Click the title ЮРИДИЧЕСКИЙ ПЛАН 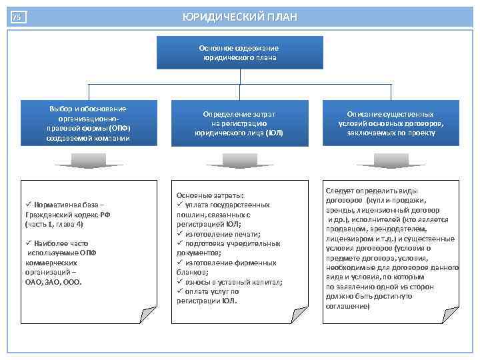pyautogui.click(x=240, y=17)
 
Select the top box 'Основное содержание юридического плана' pyautogui.click(x=239, y=53)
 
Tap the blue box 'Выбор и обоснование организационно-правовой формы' pyautogui.click(x=89, y=123)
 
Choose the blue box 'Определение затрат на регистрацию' pyautogui.click(x=239, y=123)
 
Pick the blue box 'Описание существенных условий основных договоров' pyautogui.click(x=391, y=123)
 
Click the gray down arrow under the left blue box pyautogui.click(x=89, y=161)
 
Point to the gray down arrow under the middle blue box pyautogui.click(x=239, y=161)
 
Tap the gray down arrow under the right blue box pyautogui.click(x=391, y=161)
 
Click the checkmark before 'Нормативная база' pyautogui.click(x=28, y=205)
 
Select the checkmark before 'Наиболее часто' pyautogui.click(x=28, y=243)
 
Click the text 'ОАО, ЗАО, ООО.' pyautogui.click(x=53, y=282)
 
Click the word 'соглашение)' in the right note pyautogui.click(x=347, y=306)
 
